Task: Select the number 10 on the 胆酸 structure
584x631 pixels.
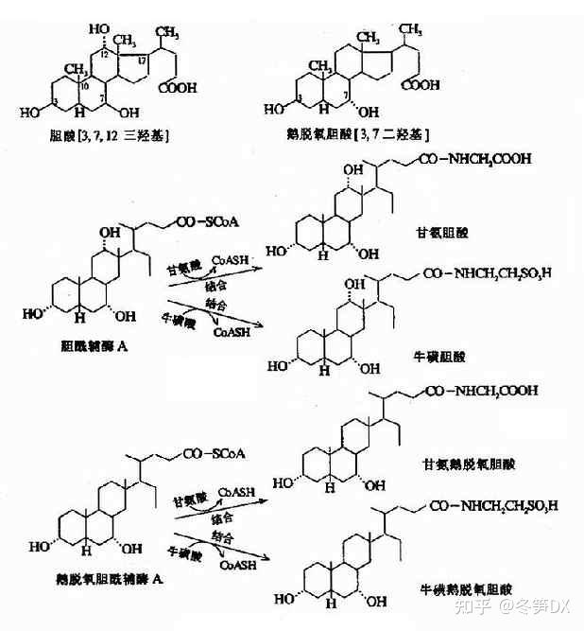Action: [84, 88]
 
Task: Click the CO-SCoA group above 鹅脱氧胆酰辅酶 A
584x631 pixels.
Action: [214, 453]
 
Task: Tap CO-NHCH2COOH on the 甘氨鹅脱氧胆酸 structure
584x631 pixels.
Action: [484, 390]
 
